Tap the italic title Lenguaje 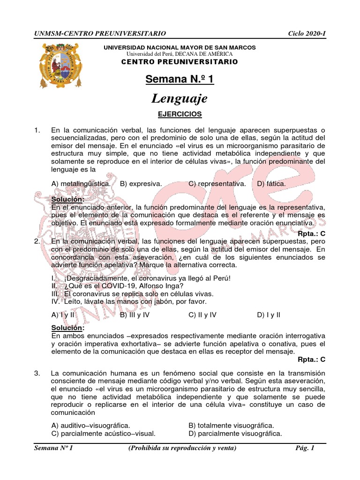point(180,98)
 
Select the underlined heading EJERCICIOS point(180,114)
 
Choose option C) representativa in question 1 point(217,184)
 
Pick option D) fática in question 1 point(271,184)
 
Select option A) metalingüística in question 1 point(81,184)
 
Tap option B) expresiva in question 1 point(141,184)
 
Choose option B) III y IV point(135,315)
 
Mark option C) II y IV point(202,315)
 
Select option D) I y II point(268,315)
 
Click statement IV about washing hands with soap point(129,301)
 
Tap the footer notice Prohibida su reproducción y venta point(182,448)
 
